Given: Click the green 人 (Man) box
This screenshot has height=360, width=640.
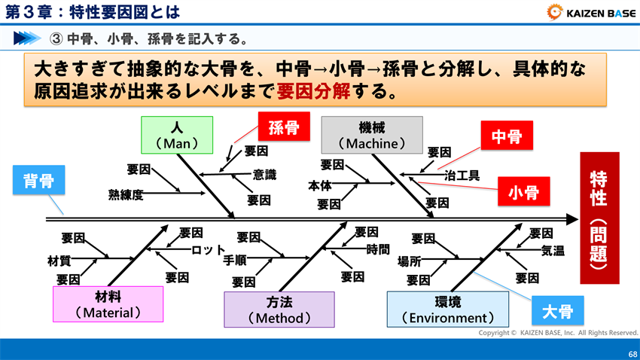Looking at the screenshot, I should click(177, 135).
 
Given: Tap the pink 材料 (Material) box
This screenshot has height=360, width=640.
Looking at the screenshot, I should click(108, 304).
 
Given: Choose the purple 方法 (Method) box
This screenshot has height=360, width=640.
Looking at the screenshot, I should click(279, 310).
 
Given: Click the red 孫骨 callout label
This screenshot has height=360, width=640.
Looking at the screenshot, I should click(283, 127).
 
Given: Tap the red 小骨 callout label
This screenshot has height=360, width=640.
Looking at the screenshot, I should click(523, 193).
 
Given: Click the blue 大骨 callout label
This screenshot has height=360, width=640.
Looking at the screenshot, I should click(557, 310).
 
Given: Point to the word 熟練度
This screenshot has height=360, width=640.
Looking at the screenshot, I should click(126, 195).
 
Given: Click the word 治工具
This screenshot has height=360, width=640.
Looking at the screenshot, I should click(462, 175).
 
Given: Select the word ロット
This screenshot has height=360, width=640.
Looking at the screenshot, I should click(208, 249).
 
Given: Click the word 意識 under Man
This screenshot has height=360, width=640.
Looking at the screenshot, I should click(264, 175).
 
